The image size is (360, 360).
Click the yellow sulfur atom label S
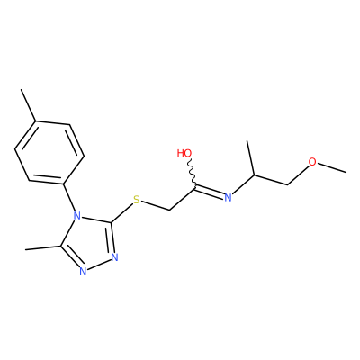[x=137, y=200]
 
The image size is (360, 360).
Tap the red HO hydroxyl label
[x=184, y=153]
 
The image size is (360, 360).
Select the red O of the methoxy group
[x=312, y=162]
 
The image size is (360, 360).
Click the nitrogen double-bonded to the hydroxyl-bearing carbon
[x=228, y=197]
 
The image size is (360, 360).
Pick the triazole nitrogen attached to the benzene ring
[x=77, y=215]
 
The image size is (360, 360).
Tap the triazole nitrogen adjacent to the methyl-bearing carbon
[x=83, y=271]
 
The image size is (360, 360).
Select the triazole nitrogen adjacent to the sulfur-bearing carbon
[x=115, y=257]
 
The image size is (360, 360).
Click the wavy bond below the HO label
[x=192, y=172]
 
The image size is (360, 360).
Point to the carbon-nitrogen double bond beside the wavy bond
[x=210, y=192]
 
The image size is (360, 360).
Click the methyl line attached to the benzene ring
[x=29, y=105]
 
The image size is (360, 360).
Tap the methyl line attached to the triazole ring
[x=43, y=247]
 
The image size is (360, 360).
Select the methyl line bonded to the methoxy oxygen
[x=332, y=168]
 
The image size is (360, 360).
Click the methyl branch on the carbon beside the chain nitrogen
[x=251, y=157]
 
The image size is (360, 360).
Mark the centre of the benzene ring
[x=49, y=153]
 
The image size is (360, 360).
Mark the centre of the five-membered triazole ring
[x=90, y=243]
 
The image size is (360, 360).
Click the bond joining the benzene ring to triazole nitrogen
[x=69, y=197]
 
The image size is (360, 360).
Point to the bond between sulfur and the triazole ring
[x=122, y=213]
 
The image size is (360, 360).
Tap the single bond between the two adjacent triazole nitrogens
[x=99, y=265]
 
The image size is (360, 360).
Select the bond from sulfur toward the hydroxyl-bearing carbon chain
[x=155, y=206]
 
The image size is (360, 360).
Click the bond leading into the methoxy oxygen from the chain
[x=299, y=175]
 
